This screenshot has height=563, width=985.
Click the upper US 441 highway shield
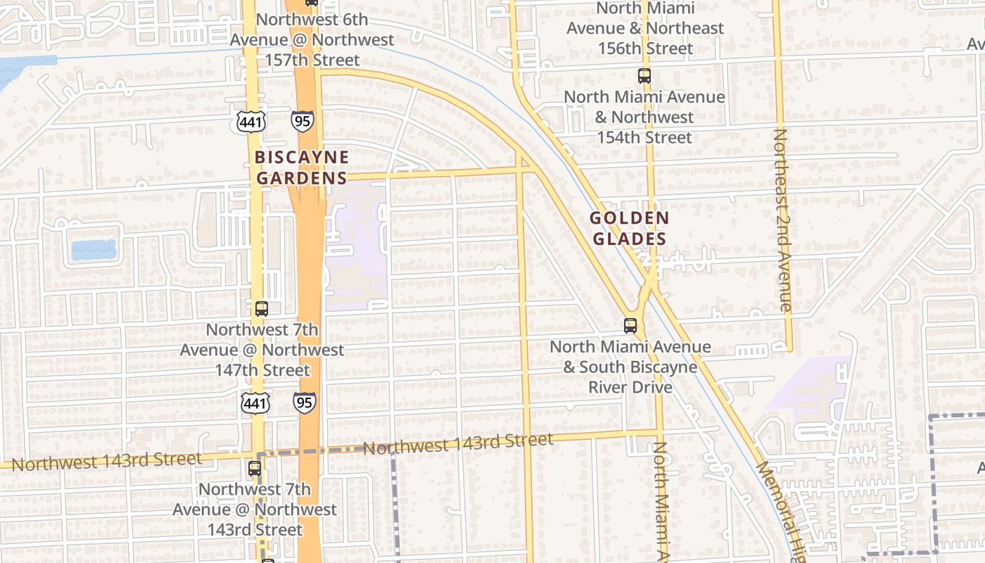[x=251, y=122]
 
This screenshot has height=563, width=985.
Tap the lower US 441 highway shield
[x=254, y=403]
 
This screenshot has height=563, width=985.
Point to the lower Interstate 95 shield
[x=305, y=402]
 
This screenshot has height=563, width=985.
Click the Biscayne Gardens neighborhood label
[x=302, y=167]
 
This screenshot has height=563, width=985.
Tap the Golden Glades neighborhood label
[x=629, y=229]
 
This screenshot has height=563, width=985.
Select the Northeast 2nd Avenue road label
[x=784, y=220]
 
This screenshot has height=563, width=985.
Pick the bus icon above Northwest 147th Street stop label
[x=261, y=308]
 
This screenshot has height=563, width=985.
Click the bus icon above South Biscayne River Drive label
[x=630, y=326]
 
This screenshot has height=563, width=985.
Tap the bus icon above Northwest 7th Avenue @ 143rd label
[x=255, y=468]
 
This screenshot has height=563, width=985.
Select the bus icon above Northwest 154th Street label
[x=644, y=76]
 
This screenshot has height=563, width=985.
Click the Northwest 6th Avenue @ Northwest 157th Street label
[x=312, y=39]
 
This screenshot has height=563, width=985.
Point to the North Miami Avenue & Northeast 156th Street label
[x=644, y=28]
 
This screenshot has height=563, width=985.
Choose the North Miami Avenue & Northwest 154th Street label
[x=644, y=117]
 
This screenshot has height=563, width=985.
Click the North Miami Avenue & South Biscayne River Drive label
[x=630, y=367]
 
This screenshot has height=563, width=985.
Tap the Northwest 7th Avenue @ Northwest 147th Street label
[x=262, y=350]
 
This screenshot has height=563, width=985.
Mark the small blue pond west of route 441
[x=94, y=249]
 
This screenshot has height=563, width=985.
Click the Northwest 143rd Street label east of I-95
[x=458, y=443]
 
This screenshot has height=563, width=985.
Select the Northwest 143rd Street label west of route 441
[x=107, y=462]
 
